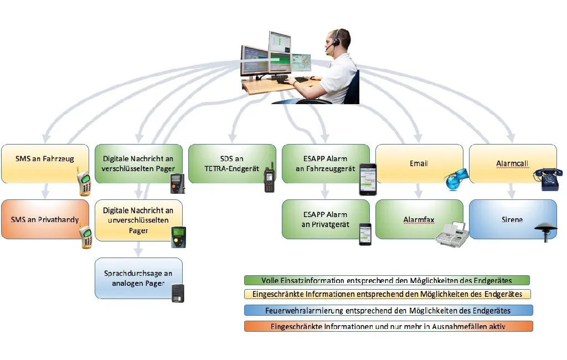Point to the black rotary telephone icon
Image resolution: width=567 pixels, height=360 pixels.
coord(547,179)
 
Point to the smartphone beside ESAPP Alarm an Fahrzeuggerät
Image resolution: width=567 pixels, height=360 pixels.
coord(367,179)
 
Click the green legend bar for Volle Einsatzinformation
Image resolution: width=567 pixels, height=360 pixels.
coord(387,280)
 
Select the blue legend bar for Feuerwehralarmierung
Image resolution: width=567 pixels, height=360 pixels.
coord(388,310)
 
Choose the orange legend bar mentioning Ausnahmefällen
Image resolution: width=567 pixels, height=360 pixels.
coord(388,326)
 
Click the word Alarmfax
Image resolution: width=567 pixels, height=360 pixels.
coord(419,220)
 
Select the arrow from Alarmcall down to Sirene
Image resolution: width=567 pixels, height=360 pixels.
coord(511,191)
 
